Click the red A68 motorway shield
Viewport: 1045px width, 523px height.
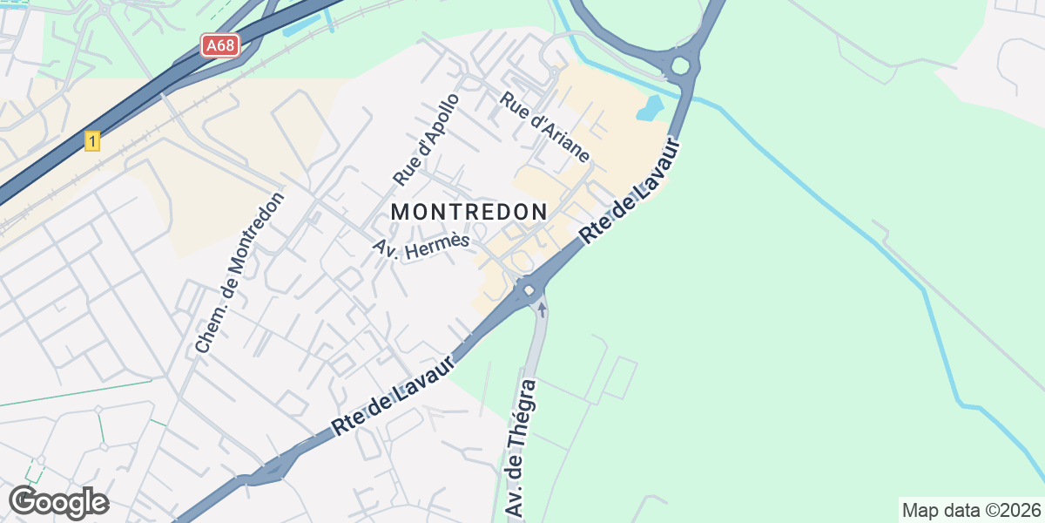[x=220, y=44]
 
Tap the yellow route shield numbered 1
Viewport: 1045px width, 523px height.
[x=92, y=140]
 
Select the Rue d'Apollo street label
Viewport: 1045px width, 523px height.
[x=426, y=139]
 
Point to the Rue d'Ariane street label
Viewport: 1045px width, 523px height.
[x=545, y=127]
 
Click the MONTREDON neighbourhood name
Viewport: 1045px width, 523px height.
[x=469, y=212]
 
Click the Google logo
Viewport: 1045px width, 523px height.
[x=58, y=503]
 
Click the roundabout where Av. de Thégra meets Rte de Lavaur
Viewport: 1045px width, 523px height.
[x=528, y=289]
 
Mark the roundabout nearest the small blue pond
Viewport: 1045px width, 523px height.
[x=680, y=65]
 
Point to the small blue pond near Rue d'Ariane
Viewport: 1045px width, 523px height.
[x=650, y=108]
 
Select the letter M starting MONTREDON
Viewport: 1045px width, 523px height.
[x=400, y=212]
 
